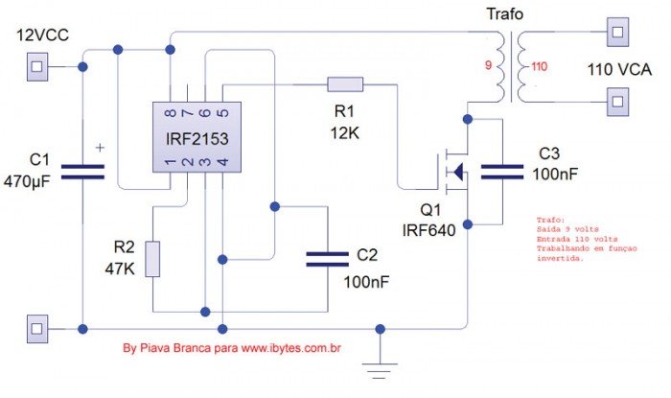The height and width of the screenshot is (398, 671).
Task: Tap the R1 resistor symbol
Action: pyautogui.click(x=345, y=83)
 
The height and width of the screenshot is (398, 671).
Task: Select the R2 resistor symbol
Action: pyautogui.click(x=152, y=259)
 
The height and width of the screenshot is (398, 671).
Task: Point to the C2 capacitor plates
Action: pyautogui.click(x=327, y=257)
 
